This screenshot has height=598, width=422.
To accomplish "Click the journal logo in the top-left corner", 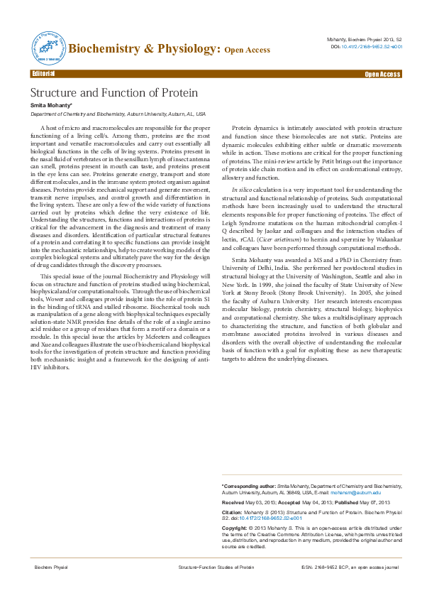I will click(46, 47).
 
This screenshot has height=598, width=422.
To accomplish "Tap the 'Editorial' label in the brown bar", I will click(43, 73).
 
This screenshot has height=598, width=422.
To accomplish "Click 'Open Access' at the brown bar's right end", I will click(382, 74).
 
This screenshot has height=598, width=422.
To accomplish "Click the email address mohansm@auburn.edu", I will click(359, 491).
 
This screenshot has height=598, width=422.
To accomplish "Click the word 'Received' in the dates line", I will click(235, 501).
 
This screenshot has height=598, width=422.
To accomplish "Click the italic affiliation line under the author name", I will click(118, 114).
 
